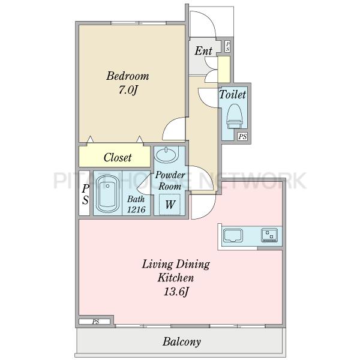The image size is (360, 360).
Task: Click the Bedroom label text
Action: click(x=127, y=76)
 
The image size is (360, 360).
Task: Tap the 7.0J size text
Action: click(x=128, y=90)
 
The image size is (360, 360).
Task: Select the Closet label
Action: click(x=118, y=157)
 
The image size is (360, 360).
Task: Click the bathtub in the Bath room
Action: click(x=107, y=194)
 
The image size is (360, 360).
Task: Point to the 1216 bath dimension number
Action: click(x=136, y=209)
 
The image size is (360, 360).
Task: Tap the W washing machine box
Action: click(x=170, y=205)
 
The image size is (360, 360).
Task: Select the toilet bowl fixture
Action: click(x=235, y=116)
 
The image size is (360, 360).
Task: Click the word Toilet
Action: click(x=232, y=94)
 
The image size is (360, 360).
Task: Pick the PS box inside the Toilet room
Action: click(x=242, y=137)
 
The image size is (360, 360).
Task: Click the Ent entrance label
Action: click(x=203, y=51)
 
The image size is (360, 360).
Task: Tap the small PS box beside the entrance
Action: click(x=227, y=47)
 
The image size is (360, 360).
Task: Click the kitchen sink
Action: click(x=233, y=235)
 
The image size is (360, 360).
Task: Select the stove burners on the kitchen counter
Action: click(x=269, y=235)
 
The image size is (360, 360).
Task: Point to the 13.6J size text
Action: click(x=176, y=292)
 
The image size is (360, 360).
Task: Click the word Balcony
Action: click(x=182, y=342)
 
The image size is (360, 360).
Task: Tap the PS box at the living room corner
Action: click(x=95, y=322)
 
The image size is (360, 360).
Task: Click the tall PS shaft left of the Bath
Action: click(x=84, y=193)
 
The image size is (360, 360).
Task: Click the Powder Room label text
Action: click(x=170, y=181)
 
